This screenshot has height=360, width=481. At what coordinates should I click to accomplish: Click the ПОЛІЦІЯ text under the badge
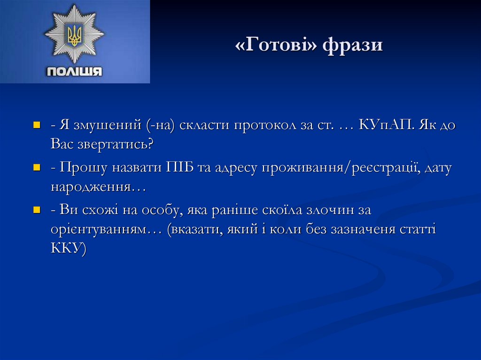tap(74, 71)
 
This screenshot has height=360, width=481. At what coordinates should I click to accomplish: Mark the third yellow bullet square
tap(37, 210)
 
